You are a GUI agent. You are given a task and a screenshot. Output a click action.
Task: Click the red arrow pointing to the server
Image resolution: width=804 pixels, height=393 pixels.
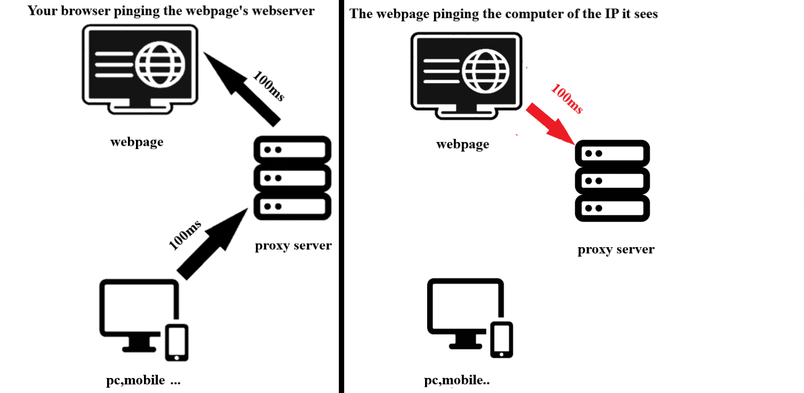click(x=549, y=124)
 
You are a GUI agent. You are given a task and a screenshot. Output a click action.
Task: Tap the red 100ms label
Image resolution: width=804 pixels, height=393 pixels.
click(x=566, y=98)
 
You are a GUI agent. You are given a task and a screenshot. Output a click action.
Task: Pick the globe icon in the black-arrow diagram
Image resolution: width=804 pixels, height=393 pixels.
click(x=160, y=64)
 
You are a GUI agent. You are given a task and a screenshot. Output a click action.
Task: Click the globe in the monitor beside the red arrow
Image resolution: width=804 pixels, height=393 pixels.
click(x=486, y=71)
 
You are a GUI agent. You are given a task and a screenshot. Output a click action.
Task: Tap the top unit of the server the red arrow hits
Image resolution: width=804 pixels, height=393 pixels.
click(x=612, y=153)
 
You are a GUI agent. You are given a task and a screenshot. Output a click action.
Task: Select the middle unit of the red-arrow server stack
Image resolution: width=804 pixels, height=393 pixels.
click(x=612, y=181)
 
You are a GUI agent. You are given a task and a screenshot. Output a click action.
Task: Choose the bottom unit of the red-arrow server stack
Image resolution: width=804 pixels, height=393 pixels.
click(x=612, y=208)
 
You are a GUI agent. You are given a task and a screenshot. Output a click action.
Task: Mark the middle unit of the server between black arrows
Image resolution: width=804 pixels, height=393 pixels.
click(x=292, y=178)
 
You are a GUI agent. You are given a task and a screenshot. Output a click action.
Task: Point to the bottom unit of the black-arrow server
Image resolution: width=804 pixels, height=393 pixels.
click(x=292, y=206)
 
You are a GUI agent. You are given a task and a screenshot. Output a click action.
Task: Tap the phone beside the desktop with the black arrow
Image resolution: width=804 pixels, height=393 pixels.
click(x=177, y=342)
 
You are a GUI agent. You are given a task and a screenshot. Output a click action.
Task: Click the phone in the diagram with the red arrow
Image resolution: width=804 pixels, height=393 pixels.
click(x=502, y=339)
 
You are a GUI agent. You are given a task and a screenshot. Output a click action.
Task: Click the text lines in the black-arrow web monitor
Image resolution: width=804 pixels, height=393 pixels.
click(x=113, y=64)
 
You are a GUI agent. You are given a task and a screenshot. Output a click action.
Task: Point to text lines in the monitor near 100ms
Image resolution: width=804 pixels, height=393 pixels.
click(x=441, y=71)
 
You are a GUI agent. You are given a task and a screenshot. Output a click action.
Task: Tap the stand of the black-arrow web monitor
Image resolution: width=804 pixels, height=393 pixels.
click(x=140, y=107)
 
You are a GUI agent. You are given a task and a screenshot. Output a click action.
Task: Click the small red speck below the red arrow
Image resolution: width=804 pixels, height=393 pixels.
click(x=517, y=135)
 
